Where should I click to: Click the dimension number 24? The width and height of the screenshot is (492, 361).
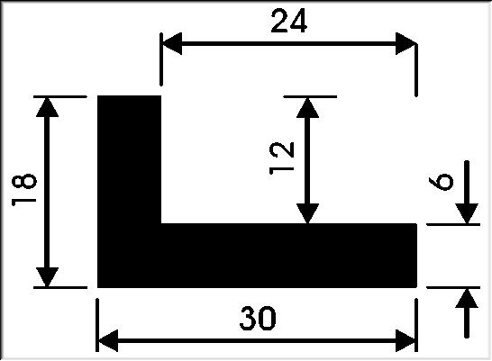[289, 21]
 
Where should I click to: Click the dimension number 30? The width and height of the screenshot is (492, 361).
[258, 319]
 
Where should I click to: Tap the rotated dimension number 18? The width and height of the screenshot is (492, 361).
[24, 190]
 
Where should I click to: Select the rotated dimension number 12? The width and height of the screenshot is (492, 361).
[282, 158]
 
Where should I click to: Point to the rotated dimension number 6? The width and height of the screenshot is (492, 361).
[441, 182]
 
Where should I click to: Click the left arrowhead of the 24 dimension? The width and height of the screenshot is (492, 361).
[171, 43]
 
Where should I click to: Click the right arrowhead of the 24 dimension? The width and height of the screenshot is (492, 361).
[406, 43]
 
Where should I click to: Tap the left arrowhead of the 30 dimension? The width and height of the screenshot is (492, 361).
[107, 340]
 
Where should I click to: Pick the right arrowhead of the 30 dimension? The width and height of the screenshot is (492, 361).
[406, 340]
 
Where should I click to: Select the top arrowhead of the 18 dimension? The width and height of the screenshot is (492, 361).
[47, 107]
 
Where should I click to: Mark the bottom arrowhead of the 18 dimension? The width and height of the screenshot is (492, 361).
[47, 277]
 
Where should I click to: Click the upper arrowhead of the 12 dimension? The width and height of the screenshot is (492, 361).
[307, 107]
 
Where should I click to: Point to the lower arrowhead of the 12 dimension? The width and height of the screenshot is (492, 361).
[307, 213]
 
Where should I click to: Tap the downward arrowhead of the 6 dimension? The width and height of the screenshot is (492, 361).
[467, 213]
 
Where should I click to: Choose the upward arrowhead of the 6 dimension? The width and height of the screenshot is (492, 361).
[467, 298]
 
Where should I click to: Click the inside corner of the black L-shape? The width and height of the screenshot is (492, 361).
[161, 224]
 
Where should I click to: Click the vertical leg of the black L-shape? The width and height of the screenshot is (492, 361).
[129, 160]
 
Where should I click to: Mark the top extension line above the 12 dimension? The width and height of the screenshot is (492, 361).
[310, 97]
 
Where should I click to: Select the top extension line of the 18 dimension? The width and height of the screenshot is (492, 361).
[60, 97]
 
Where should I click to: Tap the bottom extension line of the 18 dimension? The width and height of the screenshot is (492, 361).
[60, 287]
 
